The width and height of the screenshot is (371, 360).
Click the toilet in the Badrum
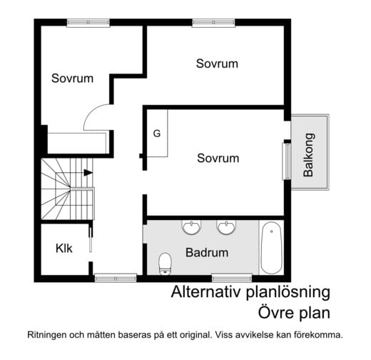point(165,264)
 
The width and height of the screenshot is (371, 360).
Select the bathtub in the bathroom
point(271,248)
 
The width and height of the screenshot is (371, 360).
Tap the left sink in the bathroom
point(191,227)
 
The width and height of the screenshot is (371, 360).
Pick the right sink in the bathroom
point(226,227)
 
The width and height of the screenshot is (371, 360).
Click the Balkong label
point(309,155)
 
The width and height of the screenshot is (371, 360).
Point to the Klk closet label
point(63,249)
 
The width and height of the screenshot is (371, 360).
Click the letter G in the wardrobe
point(157,134)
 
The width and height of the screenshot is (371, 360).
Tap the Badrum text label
point(207,253)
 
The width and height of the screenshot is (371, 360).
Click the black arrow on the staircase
point(88,173)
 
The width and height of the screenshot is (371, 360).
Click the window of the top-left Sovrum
point(88,23)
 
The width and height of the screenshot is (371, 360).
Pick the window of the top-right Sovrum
point(213,23)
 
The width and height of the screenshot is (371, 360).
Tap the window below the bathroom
point(232,278)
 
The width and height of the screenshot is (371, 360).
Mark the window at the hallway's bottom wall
point(116,278)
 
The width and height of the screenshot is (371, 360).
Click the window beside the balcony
point(287,161)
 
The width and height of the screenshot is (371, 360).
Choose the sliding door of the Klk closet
point(91,240)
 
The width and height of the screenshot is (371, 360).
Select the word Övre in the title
point(274,312)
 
